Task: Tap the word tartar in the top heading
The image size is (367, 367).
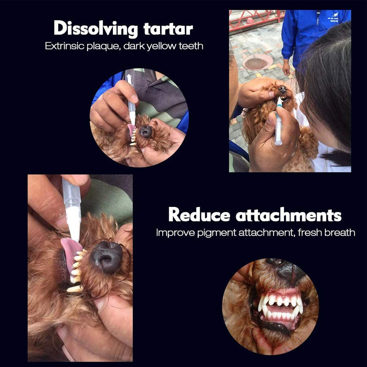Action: coord(167,28)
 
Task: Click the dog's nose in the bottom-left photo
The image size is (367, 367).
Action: coord(106,256)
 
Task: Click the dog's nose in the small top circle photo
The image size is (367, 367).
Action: coord(146,132)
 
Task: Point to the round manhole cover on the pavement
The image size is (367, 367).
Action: coord(257,62)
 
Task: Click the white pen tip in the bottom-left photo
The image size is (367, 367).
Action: coord(74,227)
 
